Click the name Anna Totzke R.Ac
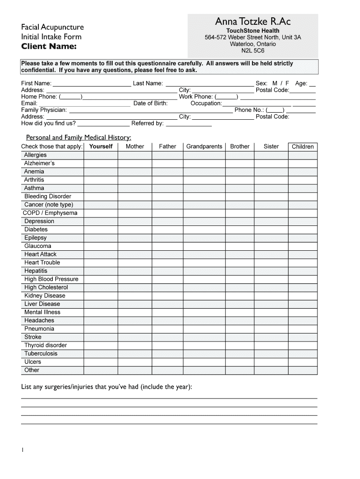[252, 22]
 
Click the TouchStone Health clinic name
[252, 31]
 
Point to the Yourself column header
[101, 146]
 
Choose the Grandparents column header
[204, 146]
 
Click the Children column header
[302, 146]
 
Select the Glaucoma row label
[38, 246]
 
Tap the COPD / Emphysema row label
[50, 213]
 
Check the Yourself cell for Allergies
[101, 155]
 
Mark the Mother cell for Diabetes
[135, 230]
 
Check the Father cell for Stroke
[167, 337]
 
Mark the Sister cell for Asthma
[271, 188]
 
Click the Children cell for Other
[302, 370]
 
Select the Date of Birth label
[150, 103]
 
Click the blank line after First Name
[92, 84]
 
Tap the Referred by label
[147, 123]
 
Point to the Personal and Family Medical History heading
[78, 138]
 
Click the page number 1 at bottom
[22, 450]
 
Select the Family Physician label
[44, 110]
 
